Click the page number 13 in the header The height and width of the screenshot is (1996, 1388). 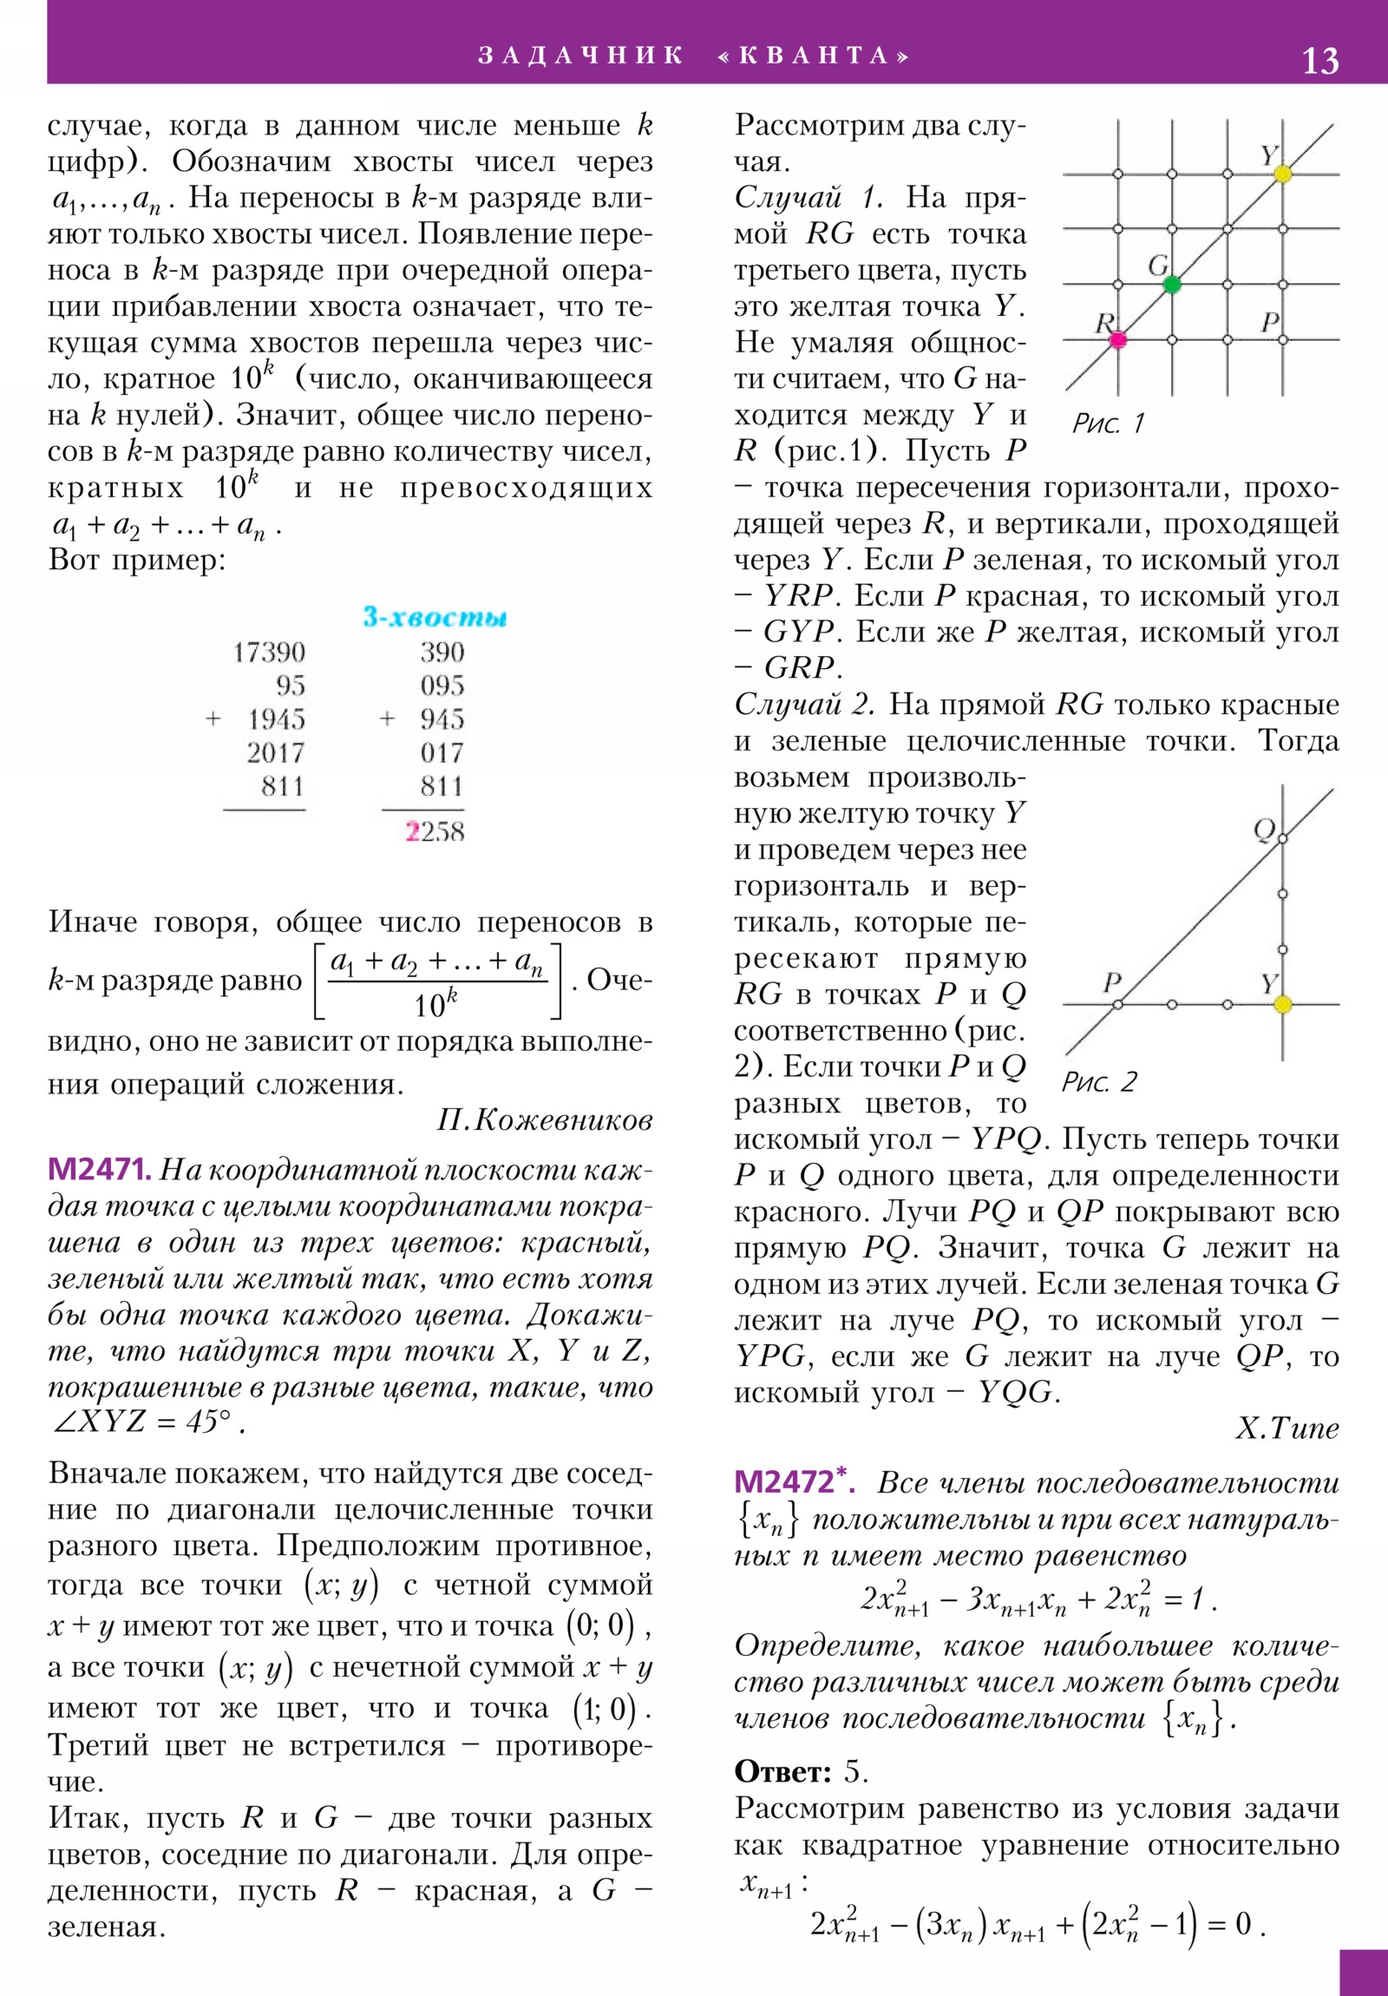1319,61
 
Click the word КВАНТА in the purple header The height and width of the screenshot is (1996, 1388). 815,56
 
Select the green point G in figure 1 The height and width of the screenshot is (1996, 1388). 1172,285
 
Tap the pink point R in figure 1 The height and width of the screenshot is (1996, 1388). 1117,340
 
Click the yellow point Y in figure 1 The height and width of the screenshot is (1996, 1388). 1282,174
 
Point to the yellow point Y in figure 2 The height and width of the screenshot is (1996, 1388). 1282,1005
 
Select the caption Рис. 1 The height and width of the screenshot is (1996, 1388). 1108,423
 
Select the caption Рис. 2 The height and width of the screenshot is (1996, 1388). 1098,1082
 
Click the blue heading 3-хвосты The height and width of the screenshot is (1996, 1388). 435,617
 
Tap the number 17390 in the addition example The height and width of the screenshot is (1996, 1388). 269,652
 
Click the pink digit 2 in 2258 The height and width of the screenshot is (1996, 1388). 413,832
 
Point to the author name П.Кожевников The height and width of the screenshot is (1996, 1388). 544,1121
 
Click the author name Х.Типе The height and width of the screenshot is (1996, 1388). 1287,1428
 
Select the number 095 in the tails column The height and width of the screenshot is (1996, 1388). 442,686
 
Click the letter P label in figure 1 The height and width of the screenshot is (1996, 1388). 1270,322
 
